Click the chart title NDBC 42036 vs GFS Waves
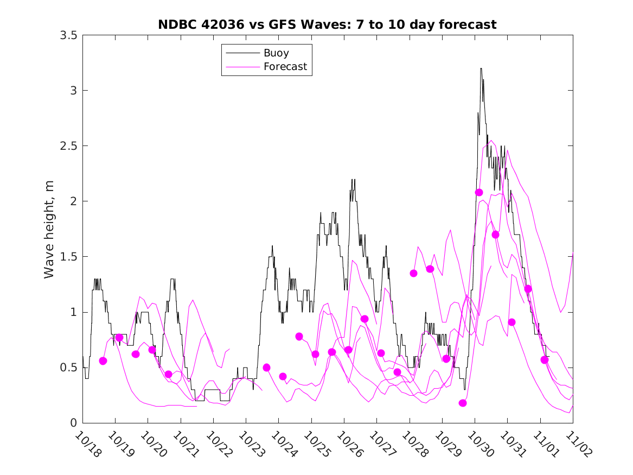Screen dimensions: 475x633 tap(327, 25)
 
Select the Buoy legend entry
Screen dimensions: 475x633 tap(276, 53)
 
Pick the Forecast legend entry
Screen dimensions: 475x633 tap(285, 67)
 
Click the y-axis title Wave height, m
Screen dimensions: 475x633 tap(49, 229)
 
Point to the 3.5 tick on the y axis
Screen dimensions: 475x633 tap(68, 35)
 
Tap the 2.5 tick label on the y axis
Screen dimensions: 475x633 tap(68, 146)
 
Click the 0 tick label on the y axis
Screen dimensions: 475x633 tap(73, 423)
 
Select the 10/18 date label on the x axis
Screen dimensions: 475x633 tap(88, 445)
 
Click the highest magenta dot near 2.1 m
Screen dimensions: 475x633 tap(479, 192)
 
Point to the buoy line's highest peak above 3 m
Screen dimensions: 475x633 tap(481, 68)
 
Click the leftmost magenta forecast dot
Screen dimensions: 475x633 tap(103, 361)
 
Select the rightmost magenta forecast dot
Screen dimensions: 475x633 tap(545, 359)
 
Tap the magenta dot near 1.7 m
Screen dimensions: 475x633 tap(495, 235)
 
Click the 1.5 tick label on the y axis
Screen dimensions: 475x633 tap(68, 257)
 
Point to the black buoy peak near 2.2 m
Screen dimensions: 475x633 tap(353, 180)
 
